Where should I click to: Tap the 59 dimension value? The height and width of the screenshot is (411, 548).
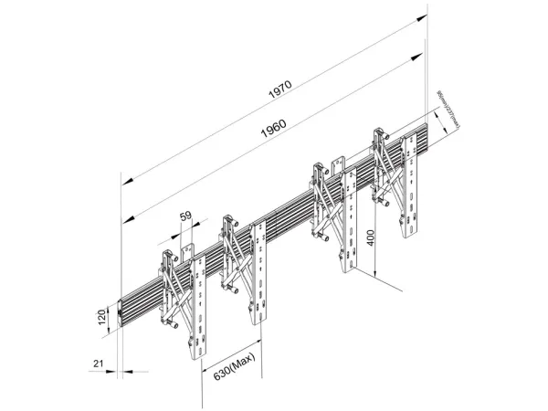click(185, 217)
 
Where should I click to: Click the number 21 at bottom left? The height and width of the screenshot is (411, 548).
click(97, 364)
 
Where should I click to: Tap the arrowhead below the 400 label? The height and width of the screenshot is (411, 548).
click(374, 275)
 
